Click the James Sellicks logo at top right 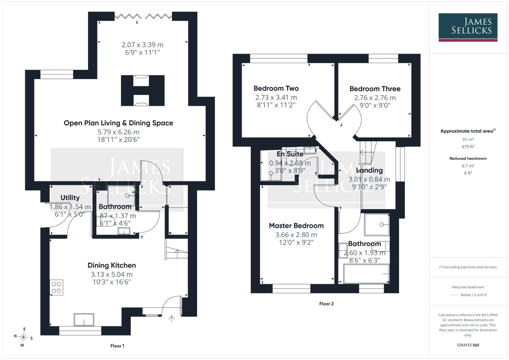tap(468, 27)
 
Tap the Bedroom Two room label tap(276, 88)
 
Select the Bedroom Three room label tap(375, 89)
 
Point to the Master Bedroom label tap(296, 226)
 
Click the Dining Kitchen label tap(112, 265)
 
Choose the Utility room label tap(70, 198)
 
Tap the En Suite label tap(290, 154)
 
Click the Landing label tap(369, 170)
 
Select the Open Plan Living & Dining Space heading tap(118, 123)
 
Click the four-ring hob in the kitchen tap(56, 287)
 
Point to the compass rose tap(23, 337)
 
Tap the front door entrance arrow tap(172, 319)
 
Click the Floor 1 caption tap(117, 346)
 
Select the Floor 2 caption tap(326, 304)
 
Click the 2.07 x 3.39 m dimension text tap(142, 45)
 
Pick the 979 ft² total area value tap(468, 147)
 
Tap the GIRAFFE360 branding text tap(468, 345)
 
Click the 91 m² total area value tap(468, 139)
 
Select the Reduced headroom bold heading tap(468, 158)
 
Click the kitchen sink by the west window tap(84, 320)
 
